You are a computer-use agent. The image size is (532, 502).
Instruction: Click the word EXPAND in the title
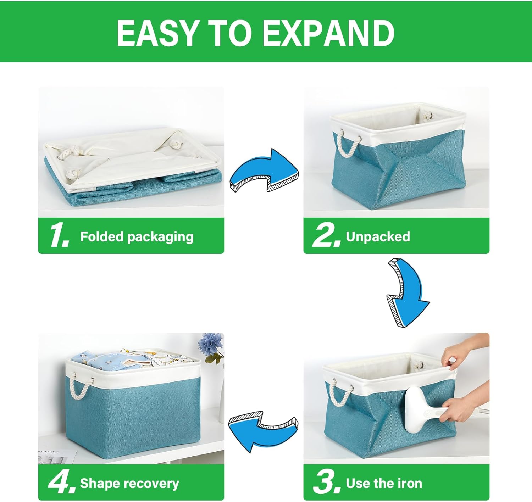pyautogui.click(x=328, y=33)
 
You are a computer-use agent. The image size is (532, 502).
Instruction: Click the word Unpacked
pyautogui.click(x=378, y=236)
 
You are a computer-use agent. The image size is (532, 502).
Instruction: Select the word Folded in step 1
pyautogui.click(x=101, y=236)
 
